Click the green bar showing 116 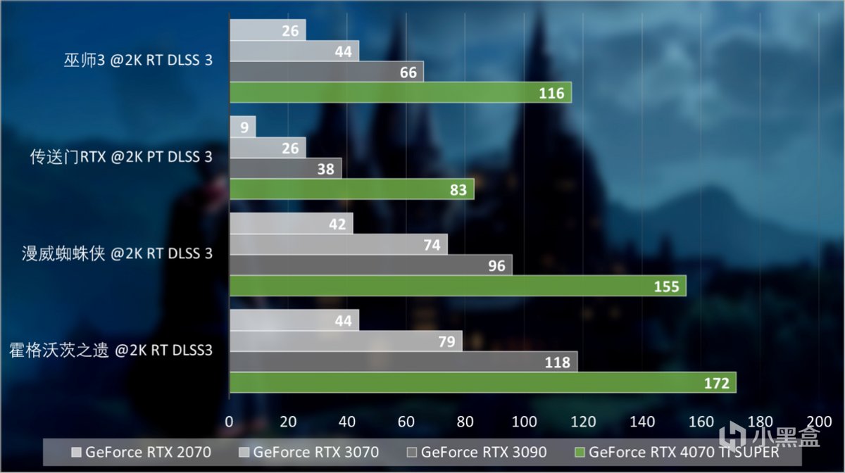(x=400, y=92)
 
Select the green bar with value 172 (x=482, y=383)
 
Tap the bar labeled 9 (x=242, y=127)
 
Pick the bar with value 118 (x=403, y=362)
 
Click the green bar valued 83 (x=351, y=189)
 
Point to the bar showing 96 (x=370, y=265)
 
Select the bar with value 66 (x=326, y=72)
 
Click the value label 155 (x=666, y=286)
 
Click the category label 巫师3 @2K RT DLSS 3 (x=137, y=61)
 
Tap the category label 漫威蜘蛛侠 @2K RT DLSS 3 (x=117, y=253)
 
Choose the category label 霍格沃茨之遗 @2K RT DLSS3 (x=111, y=349)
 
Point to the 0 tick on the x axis (x=230, y=421)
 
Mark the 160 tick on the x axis (x=701, y=421)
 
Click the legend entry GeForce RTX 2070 (x=140, y=451)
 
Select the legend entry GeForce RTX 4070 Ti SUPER (x=677, y=451)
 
